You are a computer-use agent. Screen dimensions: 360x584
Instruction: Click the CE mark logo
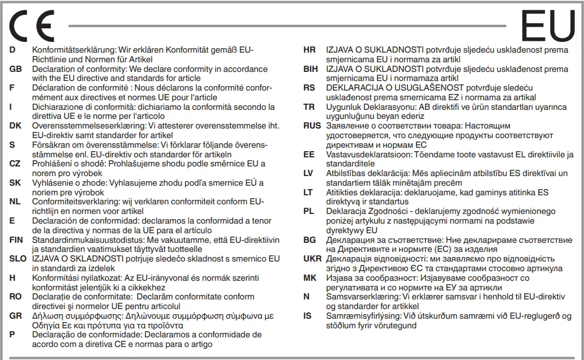pyautogui.click(x=32, y=25)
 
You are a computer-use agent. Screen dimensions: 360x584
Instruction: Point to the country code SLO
pyautogui.click(x=18, y=259)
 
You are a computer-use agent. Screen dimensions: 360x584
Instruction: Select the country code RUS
pyautogui.click(x=312, y=125)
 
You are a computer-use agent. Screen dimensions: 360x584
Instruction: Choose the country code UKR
pyautogui.click(x=312, y=259)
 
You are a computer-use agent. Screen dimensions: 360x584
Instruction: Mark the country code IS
pyautogui.click(x=307, y=316)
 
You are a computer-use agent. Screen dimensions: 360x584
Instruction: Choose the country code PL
pyautogui.click(x=308, y=211)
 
